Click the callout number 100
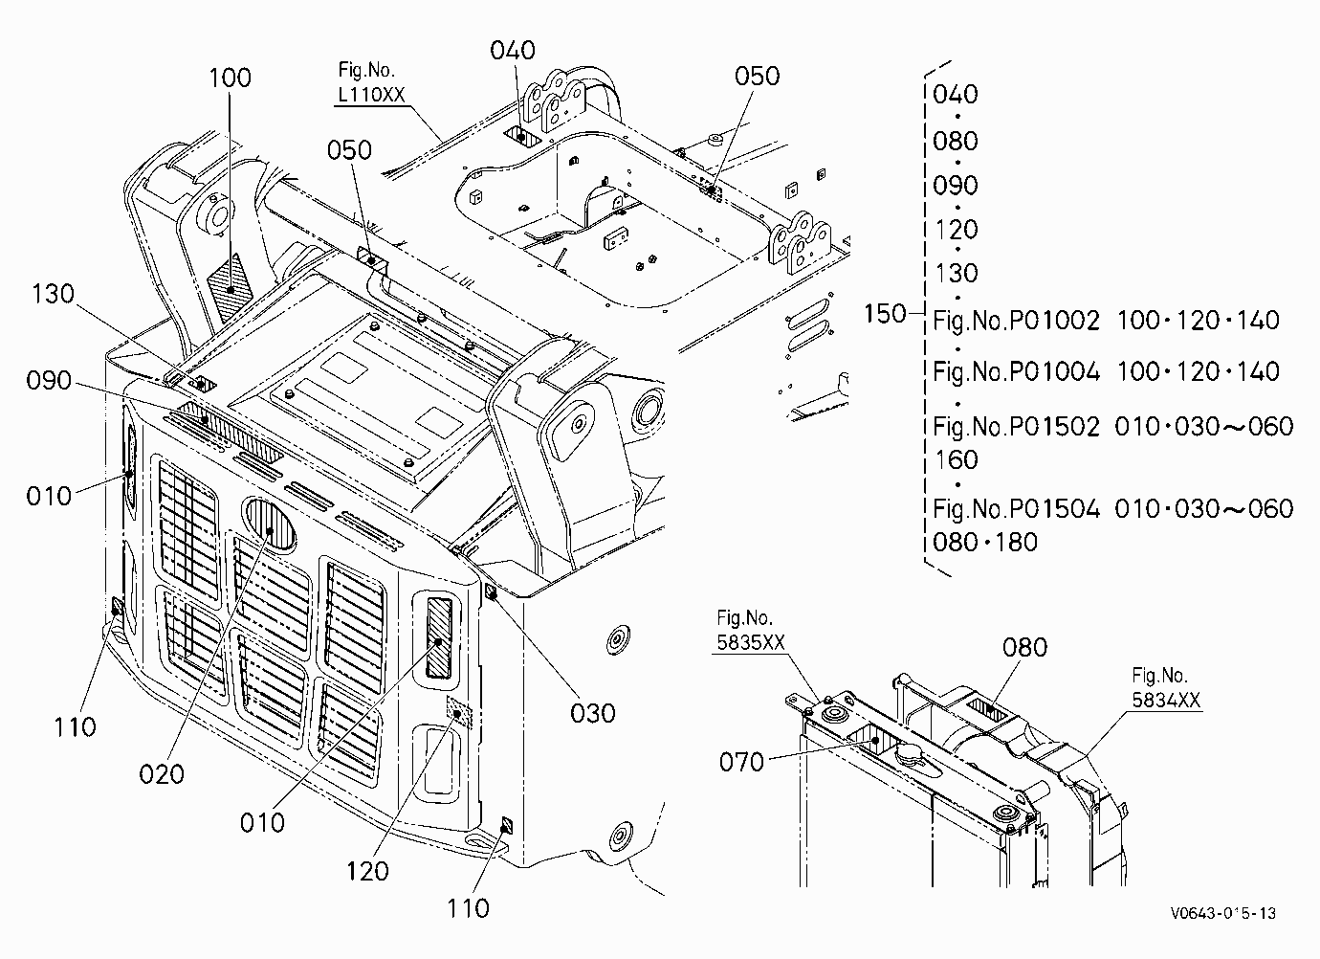231,78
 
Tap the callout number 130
53,294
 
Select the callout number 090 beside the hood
49,380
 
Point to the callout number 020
162,773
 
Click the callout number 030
593,713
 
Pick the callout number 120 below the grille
367,871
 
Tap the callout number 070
741,762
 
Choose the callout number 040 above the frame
513,50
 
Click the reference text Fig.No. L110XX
371,82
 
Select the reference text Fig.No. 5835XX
751,630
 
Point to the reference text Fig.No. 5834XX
1166,688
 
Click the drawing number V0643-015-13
1223,914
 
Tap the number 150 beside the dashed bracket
885,313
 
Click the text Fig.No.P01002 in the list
1017,321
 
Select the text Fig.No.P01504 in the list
1017,508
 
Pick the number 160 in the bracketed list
957,459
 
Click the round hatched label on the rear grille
271,524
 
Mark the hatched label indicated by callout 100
231,288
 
